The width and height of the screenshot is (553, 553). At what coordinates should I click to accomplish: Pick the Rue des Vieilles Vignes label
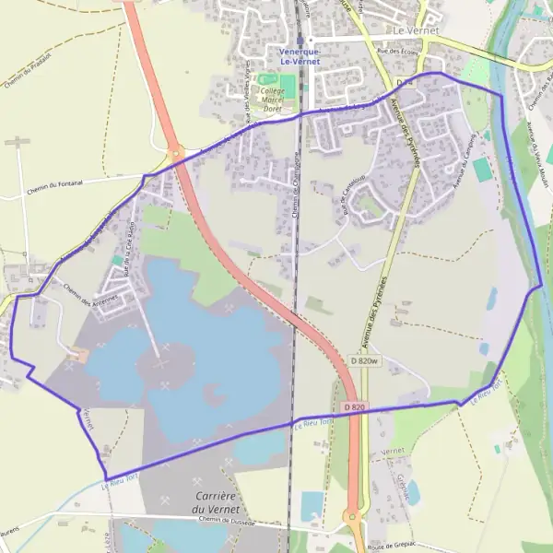pos(248,101)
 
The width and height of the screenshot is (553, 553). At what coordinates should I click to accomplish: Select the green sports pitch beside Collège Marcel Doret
pos(288,88)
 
